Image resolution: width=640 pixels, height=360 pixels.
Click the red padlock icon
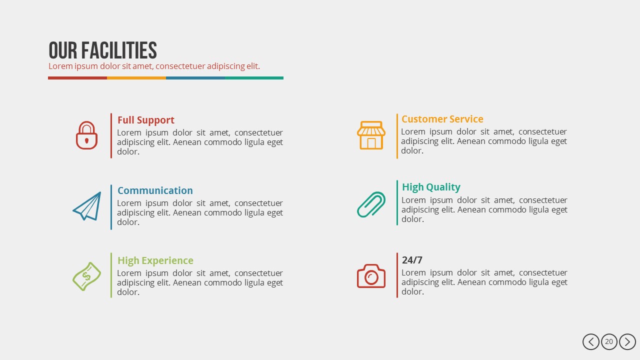click(86, 135)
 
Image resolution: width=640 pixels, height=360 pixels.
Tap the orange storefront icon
click(371, 135)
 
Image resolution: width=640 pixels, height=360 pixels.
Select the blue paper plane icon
click(87, 206)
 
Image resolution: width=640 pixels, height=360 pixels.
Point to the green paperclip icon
click(371, 204)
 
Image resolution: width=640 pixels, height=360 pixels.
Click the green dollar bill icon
click(86, 276)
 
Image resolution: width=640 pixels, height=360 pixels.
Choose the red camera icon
click(371, 276)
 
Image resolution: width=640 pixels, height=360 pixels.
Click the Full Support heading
click(146, 120)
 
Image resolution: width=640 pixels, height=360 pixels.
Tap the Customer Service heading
click(442, 119)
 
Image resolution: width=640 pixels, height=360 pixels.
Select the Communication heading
click(155, 190)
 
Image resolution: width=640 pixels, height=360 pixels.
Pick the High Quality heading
click(431, 187)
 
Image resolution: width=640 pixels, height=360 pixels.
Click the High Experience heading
click(155, 260)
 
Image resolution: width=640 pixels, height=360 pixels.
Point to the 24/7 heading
click(412, 260)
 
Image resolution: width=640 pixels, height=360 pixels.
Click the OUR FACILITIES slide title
click(102, 50)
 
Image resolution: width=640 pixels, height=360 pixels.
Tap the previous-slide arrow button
click(591, 342)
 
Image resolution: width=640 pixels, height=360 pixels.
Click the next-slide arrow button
click(627, 342)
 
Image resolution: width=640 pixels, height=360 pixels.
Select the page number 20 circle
click(609, 342)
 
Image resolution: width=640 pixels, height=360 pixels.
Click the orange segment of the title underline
click(136, 78)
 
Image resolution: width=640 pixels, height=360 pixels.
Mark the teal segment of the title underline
click(254, 78)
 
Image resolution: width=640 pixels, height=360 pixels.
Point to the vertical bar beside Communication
click(111, 207)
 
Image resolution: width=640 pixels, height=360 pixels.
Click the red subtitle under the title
click(154, 66)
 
